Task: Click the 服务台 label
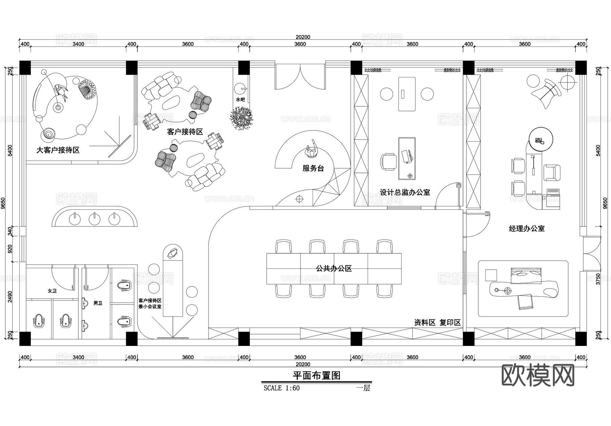coord(313,168)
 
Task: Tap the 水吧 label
coord(240,99)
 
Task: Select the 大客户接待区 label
coord(58,150)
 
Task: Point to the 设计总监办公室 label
coord(405,192)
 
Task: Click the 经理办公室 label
coord(526,228)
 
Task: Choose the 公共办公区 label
coord(334,268)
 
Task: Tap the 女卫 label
coord(52,291)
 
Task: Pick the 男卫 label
coord(98,303)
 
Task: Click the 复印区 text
coord(450,322)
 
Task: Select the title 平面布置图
coord(316,375)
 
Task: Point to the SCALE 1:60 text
coord(281,388)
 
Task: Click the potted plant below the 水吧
coord(242,118)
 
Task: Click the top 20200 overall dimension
coord(303,37)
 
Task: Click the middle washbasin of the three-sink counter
coord(95,219)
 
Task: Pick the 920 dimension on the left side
coord(10,249)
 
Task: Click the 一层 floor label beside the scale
coord(363,388)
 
